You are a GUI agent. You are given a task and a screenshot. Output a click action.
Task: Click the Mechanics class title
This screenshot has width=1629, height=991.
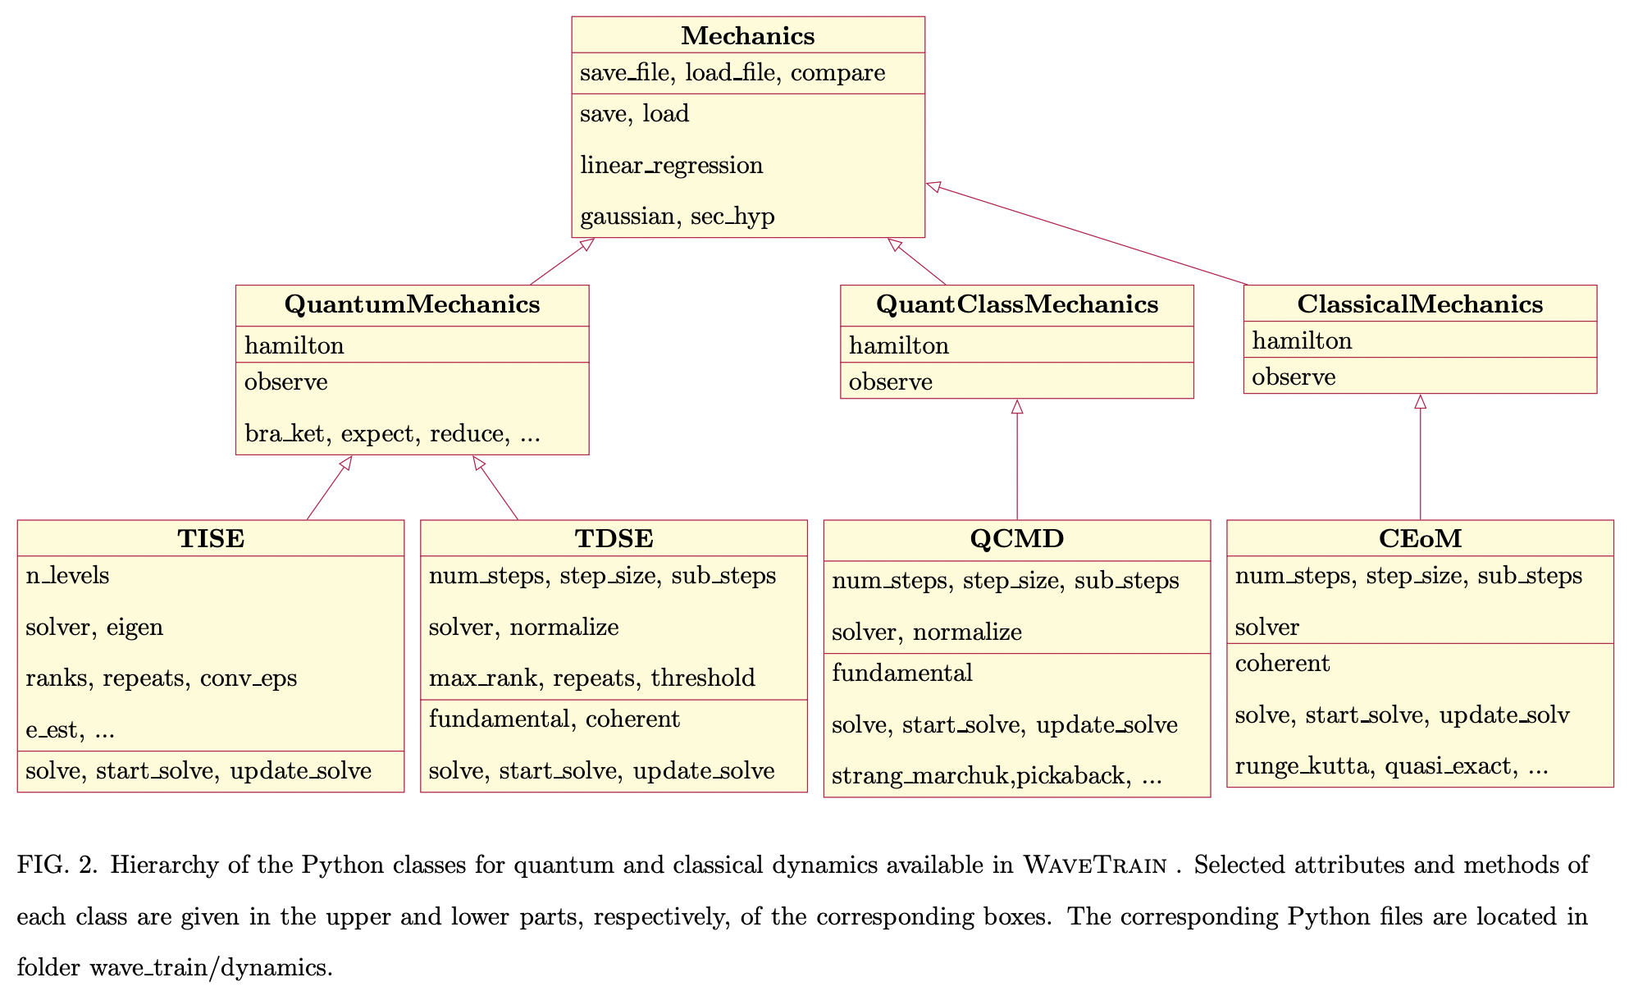click(x=747, y=36)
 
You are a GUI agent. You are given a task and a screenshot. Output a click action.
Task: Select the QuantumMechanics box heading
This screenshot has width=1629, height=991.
click(x=412, y=304)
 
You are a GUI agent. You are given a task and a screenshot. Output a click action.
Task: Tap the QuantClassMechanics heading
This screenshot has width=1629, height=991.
click(x=1016, y=304)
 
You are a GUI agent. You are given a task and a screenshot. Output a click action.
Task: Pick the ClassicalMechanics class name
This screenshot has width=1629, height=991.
click(x=1419, y=304)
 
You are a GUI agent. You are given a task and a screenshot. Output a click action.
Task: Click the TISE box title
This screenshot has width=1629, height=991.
click(x=211, y=539)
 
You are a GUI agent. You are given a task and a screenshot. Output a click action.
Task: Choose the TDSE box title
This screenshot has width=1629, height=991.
click(x=614, y=539)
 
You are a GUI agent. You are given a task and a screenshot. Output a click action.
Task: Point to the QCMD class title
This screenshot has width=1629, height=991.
click(x=1016, y=539)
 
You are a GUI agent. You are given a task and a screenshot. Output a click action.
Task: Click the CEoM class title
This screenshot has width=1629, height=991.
click(x=1419, y=539)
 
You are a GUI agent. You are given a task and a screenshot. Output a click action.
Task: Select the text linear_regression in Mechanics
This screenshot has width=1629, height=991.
click(x=671, y=166)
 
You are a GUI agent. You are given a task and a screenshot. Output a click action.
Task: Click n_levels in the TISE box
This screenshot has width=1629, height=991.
click(x=67, y=576)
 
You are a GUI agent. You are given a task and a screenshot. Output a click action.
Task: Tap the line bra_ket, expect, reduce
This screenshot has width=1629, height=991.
click(x=392, y=434)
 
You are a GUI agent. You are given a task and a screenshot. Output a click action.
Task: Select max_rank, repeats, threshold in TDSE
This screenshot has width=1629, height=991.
click(x=591, y=678)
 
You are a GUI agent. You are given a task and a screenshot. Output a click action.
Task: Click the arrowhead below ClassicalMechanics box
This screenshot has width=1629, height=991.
click(x=1420, y=402)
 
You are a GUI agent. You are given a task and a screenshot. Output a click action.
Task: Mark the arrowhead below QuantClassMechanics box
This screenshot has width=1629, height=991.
click(x=1017, y=407)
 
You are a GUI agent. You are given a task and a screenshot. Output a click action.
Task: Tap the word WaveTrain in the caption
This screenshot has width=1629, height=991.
click(x=1094, y=865)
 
